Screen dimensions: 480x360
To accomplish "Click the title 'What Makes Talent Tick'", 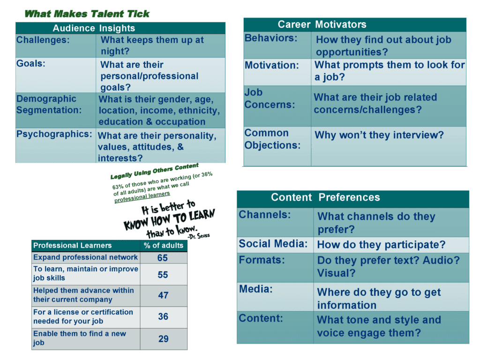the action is [x=87, y=14].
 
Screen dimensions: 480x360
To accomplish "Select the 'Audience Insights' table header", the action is [x=94, y=28].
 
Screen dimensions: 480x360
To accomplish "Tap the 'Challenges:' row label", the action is [x=43, y=40].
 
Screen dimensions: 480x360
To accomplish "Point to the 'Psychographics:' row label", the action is [x=54, y=134].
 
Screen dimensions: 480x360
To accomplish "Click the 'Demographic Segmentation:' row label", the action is [x=49, y=105].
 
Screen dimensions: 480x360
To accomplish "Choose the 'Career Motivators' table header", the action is [x=322, y=24].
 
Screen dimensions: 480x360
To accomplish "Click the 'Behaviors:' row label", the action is [x=271, y=38].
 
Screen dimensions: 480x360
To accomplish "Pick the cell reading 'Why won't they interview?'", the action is [x=379, y=135].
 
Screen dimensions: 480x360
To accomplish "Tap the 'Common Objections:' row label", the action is [x=272, y=139].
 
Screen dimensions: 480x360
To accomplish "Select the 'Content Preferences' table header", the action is [x=325, y=197].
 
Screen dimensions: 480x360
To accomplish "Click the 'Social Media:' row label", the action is [x=273, y=244].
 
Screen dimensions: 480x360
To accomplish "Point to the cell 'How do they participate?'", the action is [x=381, y=245].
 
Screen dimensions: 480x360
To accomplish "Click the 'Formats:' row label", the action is [x=262, y=260].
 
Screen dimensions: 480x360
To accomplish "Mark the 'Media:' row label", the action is [x=255, y=289].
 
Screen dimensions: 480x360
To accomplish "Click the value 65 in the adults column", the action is [x=163, y=258].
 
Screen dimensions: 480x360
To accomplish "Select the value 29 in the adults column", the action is [x=164, y=339].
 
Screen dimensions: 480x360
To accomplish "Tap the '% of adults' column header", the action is [x=164, y=246].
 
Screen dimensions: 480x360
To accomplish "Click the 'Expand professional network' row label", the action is [x=85, y=257].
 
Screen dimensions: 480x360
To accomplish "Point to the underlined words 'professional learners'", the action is [x=142, y=197].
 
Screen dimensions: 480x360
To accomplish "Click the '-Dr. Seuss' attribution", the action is [x=199, y=236].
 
